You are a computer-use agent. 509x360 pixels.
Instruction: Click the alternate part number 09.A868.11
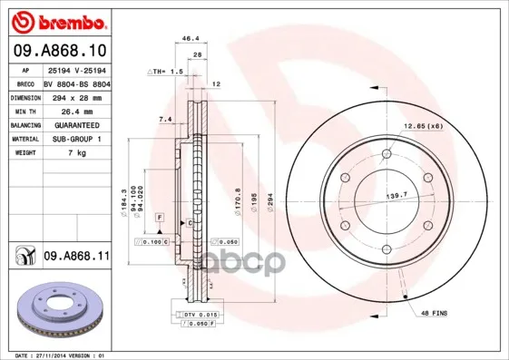coord(75,257)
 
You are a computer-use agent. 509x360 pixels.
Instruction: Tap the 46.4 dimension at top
coord(191,39)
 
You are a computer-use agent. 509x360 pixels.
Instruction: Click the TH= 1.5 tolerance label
coord(166,70)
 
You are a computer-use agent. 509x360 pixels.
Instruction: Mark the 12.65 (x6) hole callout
coord(424,125)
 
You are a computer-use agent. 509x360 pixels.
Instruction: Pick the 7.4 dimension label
coord(164,119)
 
